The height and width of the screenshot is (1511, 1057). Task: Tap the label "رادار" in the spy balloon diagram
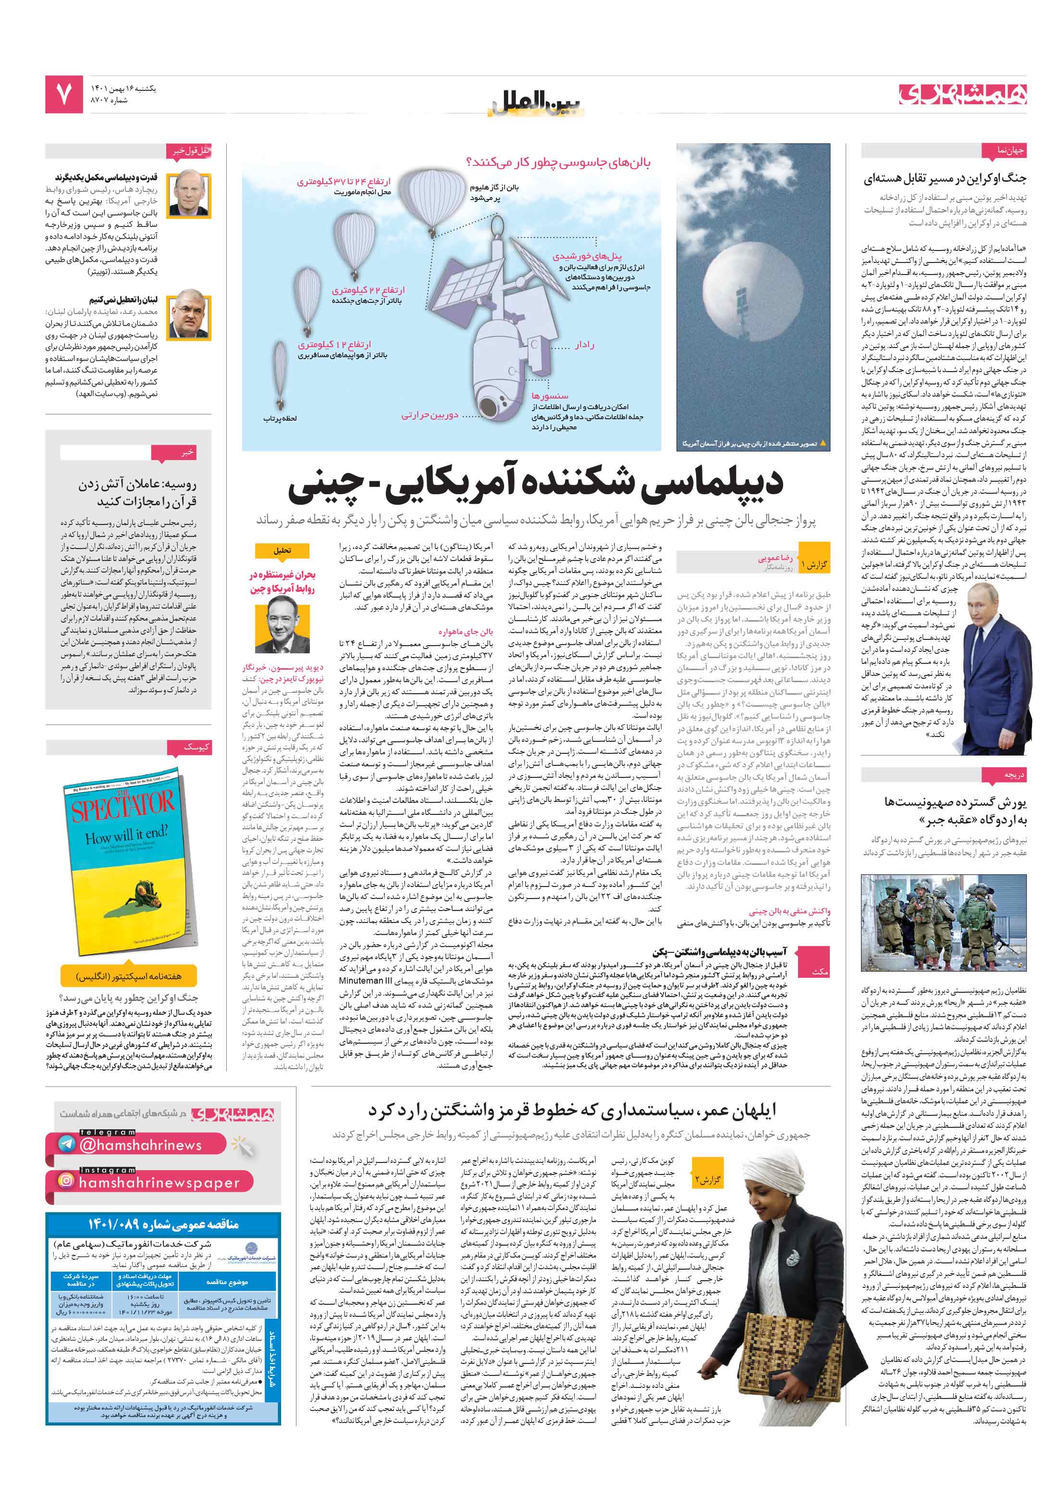pyautogui.click(x=584, y=345)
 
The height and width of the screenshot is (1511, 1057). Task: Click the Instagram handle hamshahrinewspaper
pyautogui.click(x=159, y=1182)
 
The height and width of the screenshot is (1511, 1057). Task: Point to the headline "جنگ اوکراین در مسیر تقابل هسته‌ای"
pyautogui.click(x=944, y=178)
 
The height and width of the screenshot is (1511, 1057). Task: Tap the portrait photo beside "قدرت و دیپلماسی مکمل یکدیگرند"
pyautogui.click(x=189, y=195)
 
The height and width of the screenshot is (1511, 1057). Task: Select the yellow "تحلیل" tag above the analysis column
pyautogui.click(x=282, y=550)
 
